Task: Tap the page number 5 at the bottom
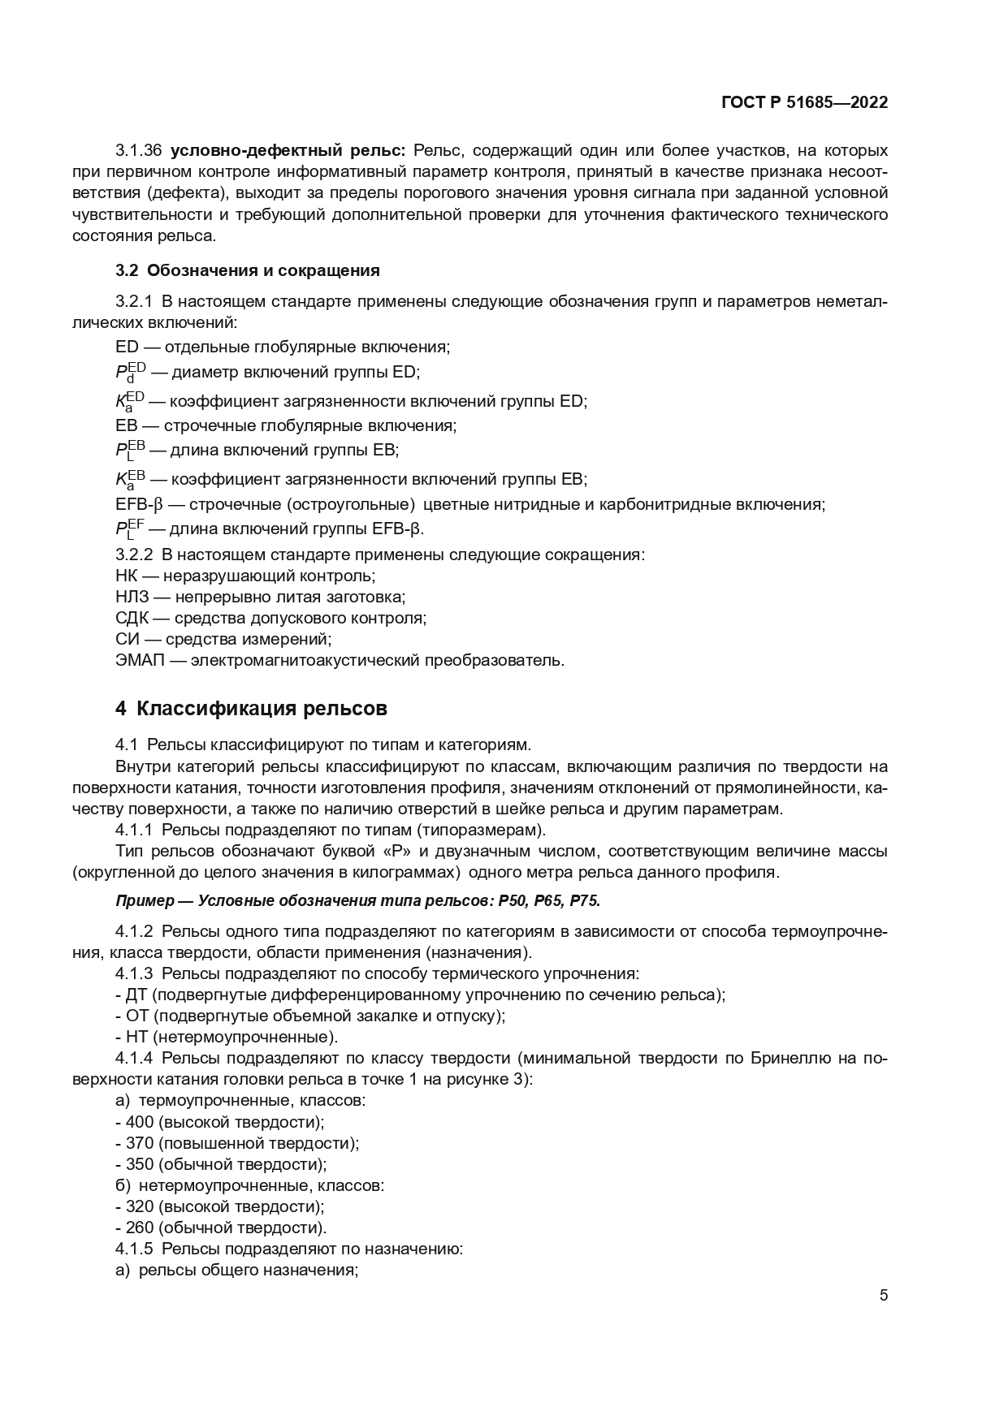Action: (x=884, y=1295)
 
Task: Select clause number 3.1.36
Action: (x=140, y=150)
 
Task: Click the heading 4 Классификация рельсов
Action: (x=251, y=709)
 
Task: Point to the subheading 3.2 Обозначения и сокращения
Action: (x=248, y=270)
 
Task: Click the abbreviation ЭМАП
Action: (x=140, y=660)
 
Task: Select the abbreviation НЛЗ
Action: (x=133, y=597)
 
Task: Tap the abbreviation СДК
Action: (x=133, y=618)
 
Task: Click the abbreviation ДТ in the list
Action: (x=135, y=995)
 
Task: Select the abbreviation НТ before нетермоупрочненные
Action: (x=135, y=1037)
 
